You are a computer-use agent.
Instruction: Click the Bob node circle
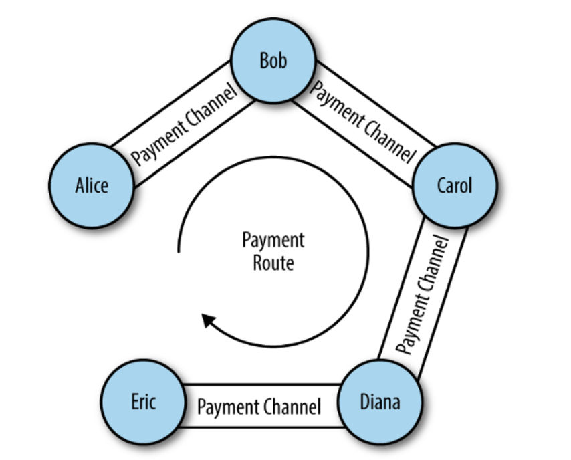point(273,61)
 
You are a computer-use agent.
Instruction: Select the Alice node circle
point(91,185)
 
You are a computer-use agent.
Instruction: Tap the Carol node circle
point(455,185)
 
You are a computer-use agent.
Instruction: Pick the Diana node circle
point(380,402)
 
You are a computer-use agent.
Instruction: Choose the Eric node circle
point(142,402)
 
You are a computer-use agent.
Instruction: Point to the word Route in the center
point(273,263)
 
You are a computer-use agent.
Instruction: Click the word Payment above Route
point(273,241)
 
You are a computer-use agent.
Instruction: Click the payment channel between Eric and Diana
point(260,406)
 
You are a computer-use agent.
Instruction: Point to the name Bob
point(273,61)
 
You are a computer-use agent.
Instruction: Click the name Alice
point(91,185)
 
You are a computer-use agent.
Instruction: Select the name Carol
point(455,185)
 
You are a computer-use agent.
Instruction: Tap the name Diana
point(380,402)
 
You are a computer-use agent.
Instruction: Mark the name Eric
point(142,402)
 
